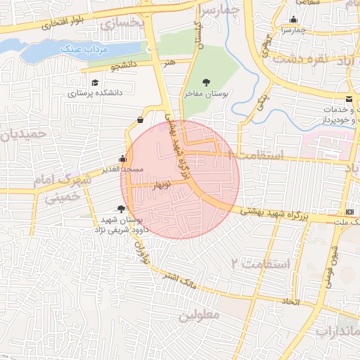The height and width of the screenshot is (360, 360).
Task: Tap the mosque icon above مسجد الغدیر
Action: coord(122,159)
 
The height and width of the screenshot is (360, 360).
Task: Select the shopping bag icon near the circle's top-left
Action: coord(141,119)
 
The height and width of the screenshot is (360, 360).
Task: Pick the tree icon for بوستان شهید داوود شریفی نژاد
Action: coord(121,209)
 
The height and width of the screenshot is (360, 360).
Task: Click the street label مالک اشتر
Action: coord(179,283)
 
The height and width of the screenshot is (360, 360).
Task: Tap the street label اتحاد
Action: coord(290,301)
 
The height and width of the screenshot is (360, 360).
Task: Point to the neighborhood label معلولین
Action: coord(199,316)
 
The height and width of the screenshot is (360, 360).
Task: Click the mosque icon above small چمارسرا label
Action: coord(293,20)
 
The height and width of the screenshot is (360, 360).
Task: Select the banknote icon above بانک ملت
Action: coord(350,212)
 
